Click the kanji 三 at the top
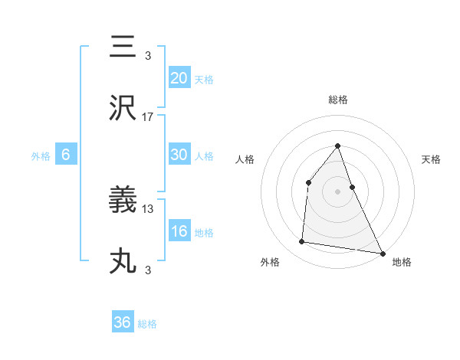123,47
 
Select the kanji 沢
123,109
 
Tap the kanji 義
123,201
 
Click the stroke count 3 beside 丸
147,270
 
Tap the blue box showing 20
179,78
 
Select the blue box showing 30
179,155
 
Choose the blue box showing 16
179,231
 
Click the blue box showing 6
66,155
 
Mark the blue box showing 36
123,322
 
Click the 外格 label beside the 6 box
41,156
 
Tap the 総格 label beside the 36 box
147,324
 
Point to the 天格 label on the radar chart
431,159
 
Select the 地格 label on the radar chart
402,262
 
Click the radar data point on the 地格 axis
383,253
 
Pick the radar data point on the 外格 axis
302,242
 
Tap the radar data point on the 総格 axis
337,146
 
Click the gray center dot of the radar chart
337,191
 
